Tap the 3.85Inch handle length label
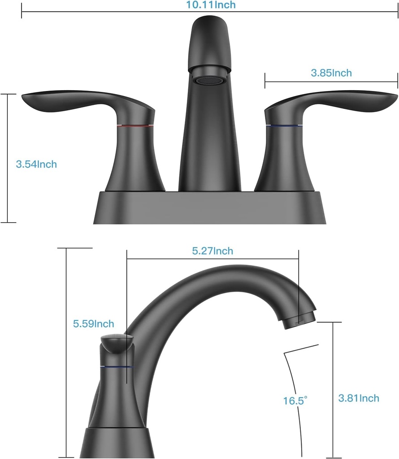pyautogui.click(x=331, y=73)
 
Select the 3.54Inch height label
pyautogui.click(x=36, y=164)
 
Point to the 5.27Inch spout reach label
pyautogui.click(x=213, y=251)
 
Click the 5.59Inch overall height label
pyautogui.click(x=93, y=323)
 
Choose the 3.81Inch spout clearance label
pyautogui.click(x=358, y=398)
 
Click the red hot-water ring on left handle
pyautogui.click(x=135, y=126)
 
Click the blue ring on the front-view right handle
pyautogui.click(x=283, y=126)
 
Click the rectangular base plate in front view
pyautogui.click(x=209, y=208)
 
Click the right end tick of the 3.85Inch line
pyautogui.click(x=397, y=82)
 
